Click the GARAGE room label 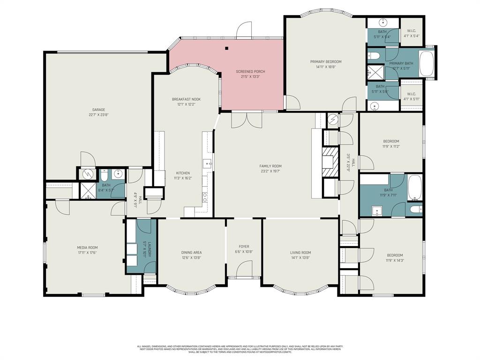98,110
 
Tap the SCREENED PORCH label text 250,72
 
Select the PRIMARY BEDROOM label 325,61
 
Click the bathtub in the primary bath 427,63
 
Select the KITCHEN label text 183,173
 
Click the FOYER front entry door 244,270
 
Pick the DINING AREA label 191,253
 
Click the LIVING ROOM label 300,253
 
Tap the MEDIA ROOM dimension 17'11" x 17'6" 87,253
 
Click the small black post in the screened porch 226,48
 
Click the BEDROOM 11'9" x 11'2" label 391,141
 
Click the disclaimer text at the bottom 240,349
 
